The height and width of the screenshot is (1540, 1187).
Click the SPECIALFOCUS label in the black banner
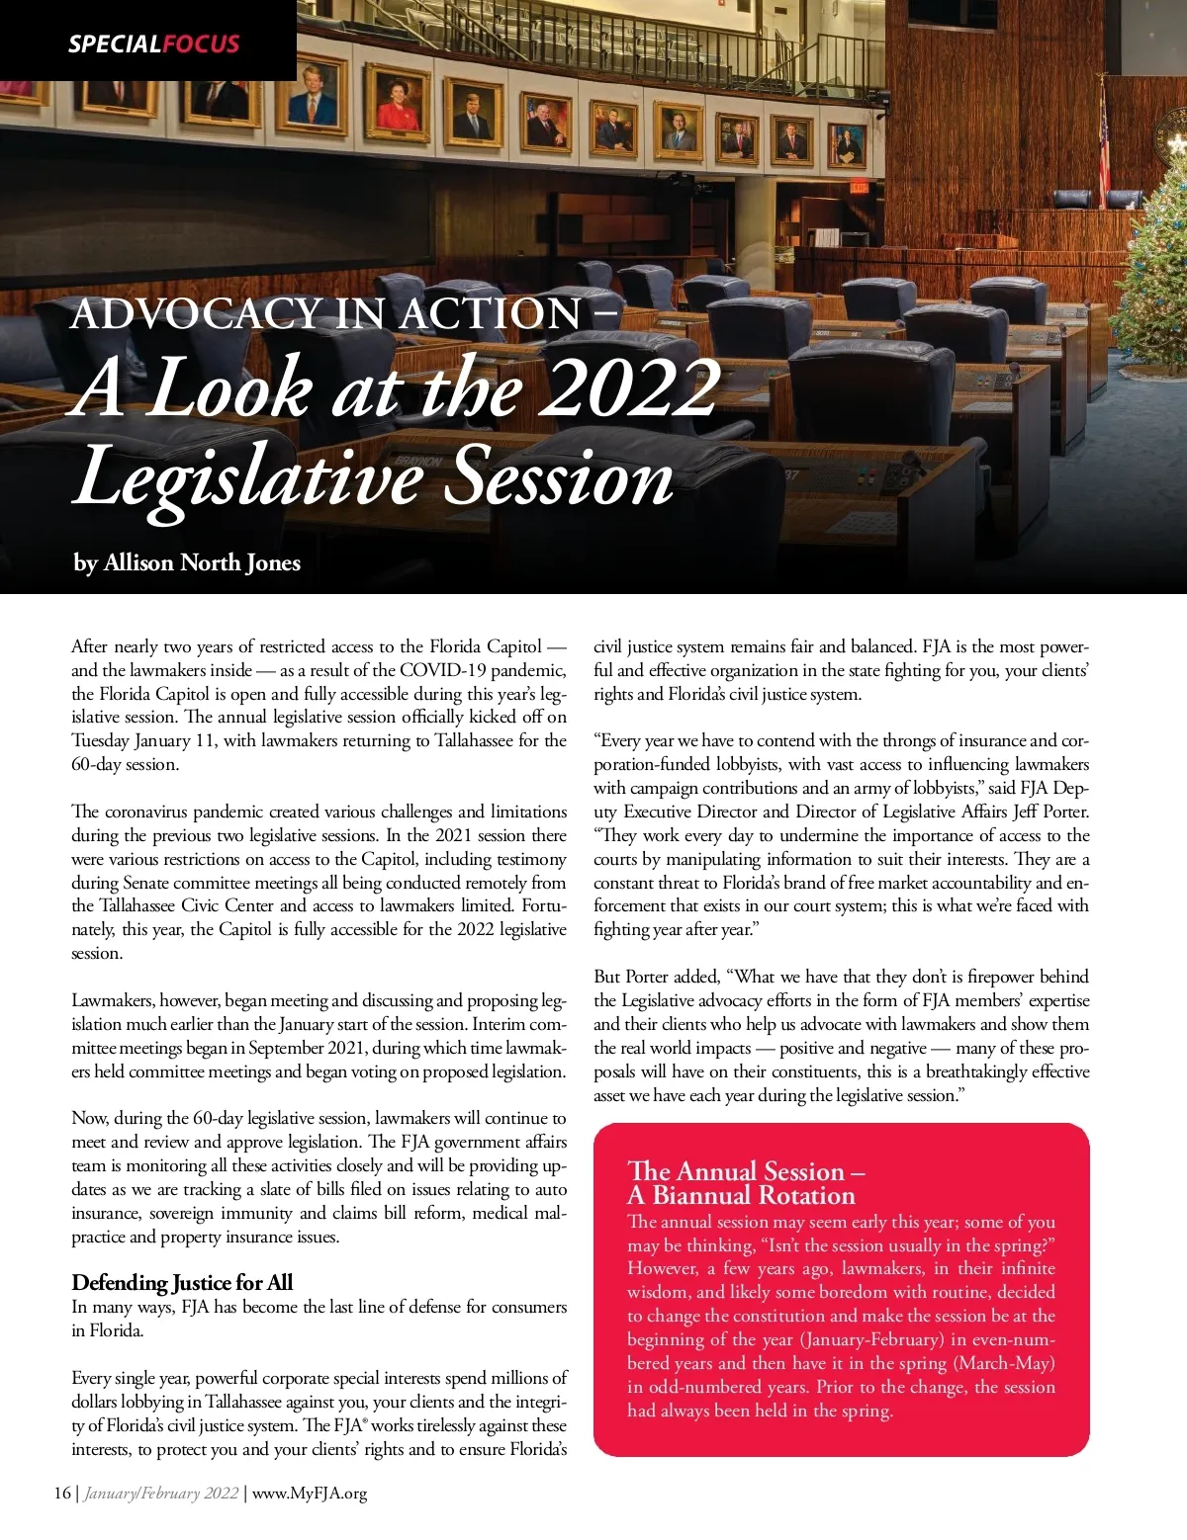coord(153,43)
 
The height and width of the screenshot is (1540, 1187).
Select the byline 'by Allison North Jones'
coord(187,562)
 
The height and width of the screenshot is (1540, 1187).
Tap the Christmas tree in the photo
coord(1153,267)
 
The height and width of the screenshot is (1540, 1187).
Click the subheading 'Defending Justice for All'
coord(182,1282)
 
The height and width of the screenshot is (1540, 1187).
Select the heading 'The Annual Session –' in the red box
coord(746,1171)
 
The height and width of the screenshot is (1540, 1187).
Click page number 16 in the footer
coord(62,1493)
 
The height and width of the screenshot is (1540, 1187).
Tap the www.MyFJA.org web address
coord(310,1493)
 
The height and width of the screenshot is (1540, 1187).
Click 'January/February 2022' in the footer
coord(161,1493)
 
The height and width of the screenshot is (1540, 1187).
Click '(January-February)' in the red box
coord(871,1339)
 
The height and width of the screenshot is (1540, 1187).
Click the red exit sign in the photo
coord(859,187)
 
